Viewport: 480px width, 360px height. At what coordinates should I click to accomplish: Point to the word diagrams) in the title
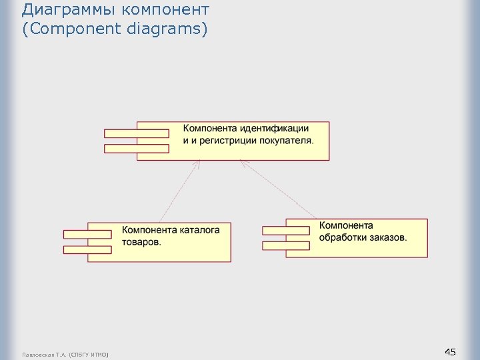(x=175, y=29)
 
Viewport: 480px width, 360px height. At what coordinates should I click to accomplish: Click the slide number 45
(x=450, y=352)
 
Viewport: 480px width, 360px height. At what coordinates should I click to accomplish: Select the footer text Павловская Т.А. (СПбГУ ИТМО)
(x=65, y=353)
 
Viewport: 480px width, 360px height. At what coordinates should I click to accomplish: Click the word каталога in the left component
(x=198, y=230)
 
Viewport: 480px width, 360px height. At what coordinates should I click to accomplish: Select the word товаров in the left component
(x=141, y=242)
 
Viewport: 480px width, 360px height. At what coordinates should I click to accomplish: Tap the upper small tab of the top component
(x=137, y=133)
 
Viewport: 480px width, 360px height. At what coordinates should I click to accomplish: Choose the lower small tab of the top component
(x=137, y=148)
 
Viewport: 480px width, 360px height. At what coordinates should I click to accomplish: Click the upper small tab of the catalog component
(x=87, y=234)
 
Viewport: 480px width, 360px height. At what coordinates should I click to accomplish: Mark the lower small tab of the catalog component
(x=87, y=249)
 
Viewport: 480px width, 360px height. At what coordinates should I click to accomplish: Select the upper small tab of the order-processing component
(x=286, y=230)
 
